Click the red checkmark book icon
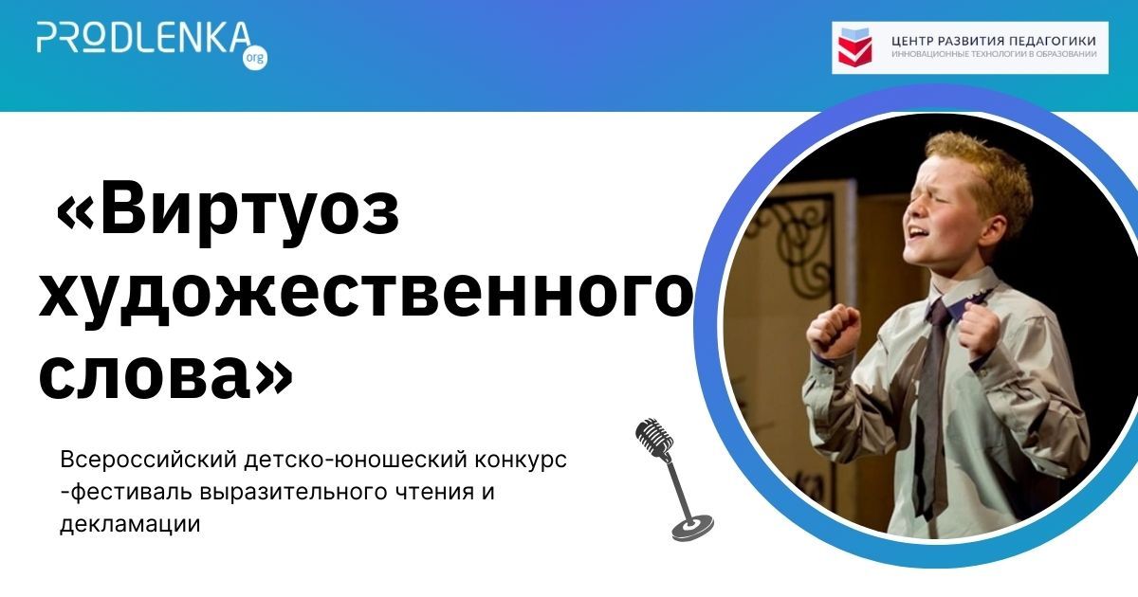click(x=854, y=47)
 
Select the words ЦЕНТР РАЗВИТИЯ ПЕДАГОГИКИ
click(x=994, y=41)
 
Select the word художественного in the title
click(x=365, y=294)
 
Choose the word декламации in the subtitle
click(x=130, y=524)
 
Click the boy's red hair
click(x=977, y=161)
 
